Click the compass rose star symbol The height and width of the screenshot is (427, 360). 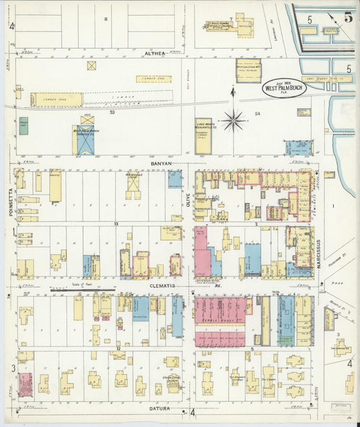point(234,120)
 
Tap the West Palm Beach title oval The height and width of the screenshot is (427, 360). point(284,89)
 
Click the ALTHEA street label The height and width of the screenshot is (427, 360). point(154,52)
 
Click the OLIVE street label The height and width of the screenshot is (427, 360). point(188,200)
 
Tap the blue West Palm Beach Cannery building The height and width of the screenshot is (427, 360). point(86,139)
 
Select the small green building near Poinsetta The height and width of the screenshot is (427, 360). point(24,126)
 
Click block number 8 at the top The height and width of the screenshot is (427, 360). point(105,19)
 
